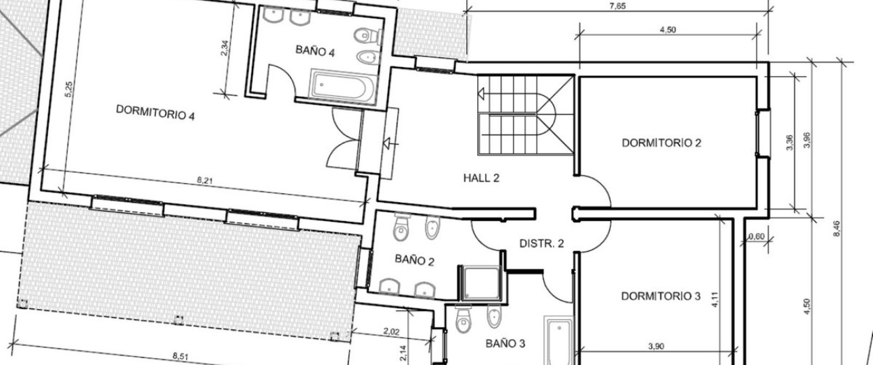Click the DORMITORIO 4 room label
pyautogui.click(x=156, y=112)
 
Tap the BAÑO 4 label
pyautogui.click(x=315, y=51)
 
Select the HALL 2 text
pyautogui.click(x=481, y=178)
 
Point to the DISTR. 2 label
pyautogui.click(x=541, y=243)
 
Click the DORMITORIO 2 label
pyautogui.click(x=661, y=143)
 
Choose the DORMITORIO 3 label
pyautogui.click(x=661, y=297)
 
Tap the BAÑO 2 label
pyautogui.click(x=414, y=260)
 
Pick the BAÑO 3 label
pyautogui.click(x=505, y=343)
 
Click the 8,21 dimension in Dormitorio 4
pyautogui.click(x=205, y=180)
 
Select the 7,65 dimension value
pyautogui.click(x=618, y=6)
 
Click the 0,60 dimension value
pyautogui.click(x=757, y=237)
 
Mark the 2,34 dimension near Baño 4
pyautogui.click(x=225, y=48)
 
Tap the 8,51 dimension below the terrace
pyautogui.click(x=181, y=356)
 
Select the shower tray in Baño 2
pyautogui.click(x=480, y=283)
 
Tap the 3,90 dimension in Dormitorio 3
pyautogui.click(x=656, y=346)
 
